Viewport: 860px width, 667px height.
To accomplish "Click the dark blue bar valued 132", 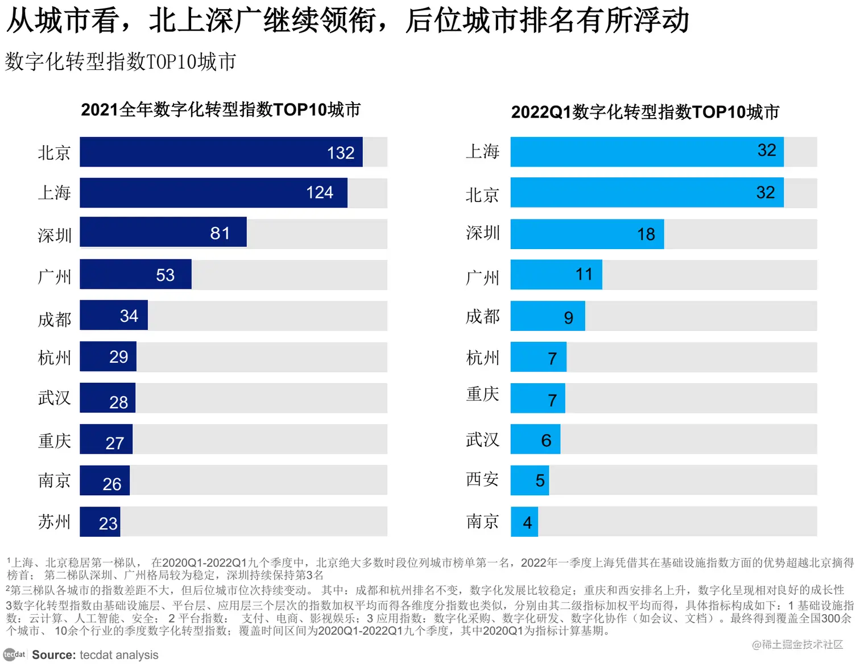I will point(221,152).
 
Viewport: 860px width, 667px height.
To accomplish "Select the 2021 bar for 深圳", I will point(163,232).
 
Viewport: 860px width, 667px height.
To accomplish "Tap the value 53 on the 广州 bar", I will point(165,275).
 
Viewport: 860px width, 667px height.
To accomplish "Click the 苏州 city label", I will point(55,521).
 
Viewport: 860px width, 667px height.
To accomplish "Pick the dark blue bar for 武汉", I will point(107,398).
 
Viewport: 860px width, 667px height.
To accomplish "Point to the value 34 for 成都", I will point(129,316).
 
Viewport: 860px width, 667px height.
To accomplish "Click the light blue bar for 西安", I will point(529,480).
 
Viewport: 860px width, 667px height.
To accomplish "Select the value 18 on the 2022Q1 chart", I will point(646,234).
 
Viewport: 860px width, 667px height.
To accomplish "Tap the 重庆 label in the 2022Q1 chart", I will point(482,394).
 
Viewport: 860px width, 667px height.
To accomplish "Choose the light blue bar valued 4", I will point(524,522).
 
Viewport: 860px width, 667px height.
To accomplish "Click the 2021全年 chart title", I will point(221,109).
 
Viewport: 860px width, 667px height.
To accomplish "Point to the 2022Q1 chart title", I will point(645,112).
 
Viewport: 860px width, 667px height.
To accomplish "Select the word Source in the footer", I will point(53,655).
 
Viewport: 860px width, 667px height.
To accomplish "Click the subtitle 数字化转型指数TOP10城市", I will point(121,61).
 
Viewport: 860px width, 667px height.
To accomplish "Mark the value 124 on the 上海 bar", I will point(320,193).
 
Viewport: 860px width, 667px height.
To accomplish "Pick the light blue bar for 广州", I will point(556,275).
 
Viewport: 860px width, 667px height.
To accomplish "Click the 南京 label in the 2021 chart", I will point(55,480).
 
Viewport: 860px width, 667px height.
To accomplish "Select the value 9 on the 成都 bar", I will point(568,317).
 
